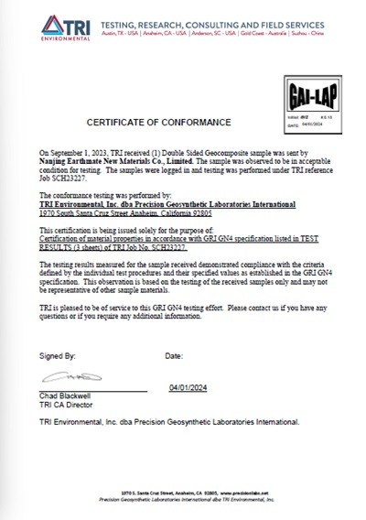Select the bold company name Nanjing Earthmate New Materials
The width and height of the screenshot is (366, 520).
(x=113, y=160)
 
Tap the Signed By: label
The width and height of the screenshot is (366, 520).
(x=58, y=353)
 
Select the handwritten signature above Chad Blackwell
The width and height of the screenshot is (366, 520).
(x=64, y=379)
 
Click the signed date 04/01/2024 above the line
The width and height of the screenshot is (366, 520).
(x=189, y=387)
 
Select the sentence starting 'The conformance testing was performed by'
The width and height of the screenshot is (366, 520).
(x=105, y=186)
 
